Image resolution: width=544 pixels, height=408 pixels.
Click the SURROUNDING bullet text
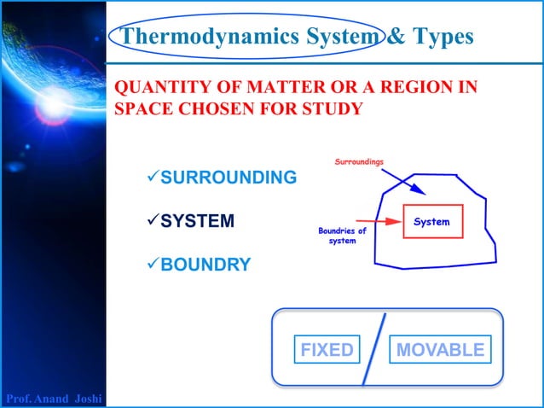(x=229, y=178)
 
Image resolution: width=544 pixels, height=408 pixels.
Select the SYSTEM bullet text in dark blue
(x=197, y=221)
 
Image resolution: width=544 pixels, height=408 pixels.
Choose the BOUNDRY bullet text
(x=205, y=265)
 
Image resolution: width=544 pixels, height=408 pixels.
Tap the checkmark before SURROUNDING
(x=153, y=178)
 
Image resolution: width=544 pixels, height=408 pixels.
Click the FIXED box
(x=327, y=350)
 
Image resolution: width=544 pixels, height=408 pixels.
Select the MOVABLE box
(x=440, y=350)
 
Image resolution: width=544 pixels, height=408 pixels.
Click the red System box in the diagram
(x=431, y=222)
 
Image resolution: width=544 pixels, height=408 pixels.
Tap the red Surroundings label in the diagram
(x=359, y=161)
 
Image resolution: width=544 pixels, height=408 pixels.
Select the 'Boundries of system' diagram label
(x=342, y=236)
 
